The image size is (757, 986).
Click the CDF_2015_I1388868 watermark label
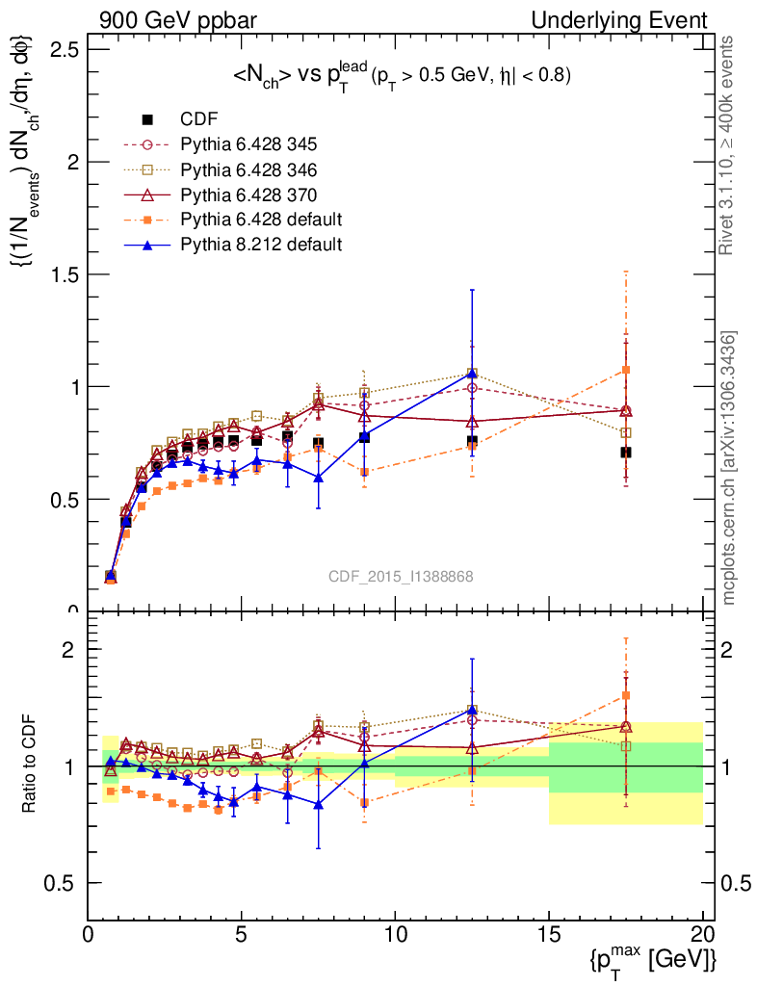pyautogui.click(x=400, y=576)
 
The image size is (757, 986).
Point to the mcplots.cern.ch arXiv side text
pyautogui.click(x=730, y=467)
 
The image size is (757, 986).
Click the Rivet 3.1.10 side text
pyautogui.click(x=730, y=144)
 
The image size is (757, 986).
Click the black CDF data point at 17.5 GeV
pyautogui.click(x=626, y=452)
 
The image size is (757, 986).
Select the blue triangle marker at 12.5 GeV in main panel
pyautogui.click(x=472, y=374)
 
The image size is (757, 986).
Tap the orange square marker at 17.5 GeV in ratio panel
pyautogui.click(x=626, y=695)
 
